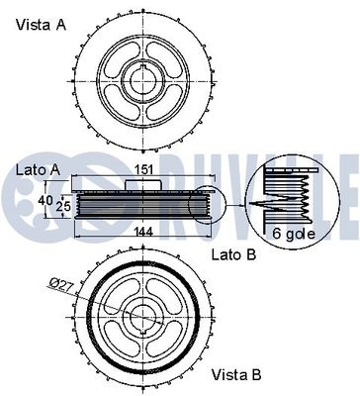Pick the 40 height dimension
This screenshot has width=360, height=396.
pyautogui.click(x=44, y=200)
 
